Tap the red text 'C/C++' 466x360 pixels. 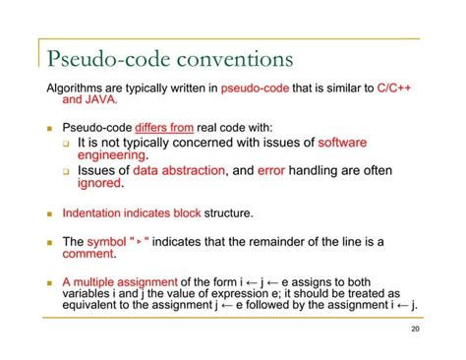coord(394,88)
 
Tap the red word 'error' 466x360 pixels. coord(270,170)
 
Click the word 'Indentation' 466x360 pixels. coord(95,212)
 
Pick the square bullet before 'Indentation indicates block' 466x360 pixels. coord(49,213)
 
